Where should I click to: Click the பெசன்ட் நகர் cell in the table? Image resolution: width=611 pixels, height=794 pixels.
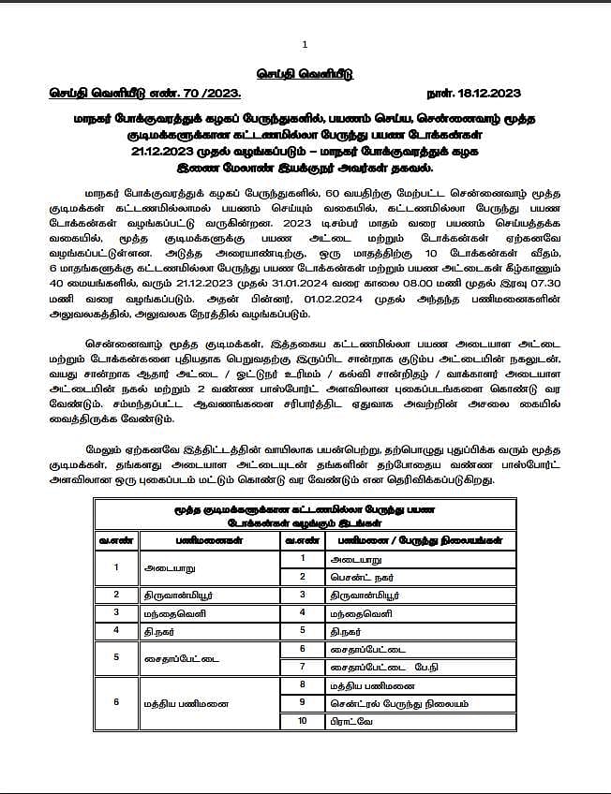tap(366, 576)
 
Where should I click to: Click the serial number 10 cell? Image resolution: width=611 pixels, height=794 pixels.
tap(303, 721)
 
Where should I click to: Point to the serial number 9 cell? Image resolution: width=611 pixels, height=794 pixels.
tap(303, 702)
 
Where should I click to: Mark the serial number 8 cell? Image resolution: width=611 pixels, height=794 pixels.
tap(303, 684)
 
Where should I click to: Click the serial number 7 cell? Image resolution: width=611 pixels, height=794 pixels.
tap(303, 667)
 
